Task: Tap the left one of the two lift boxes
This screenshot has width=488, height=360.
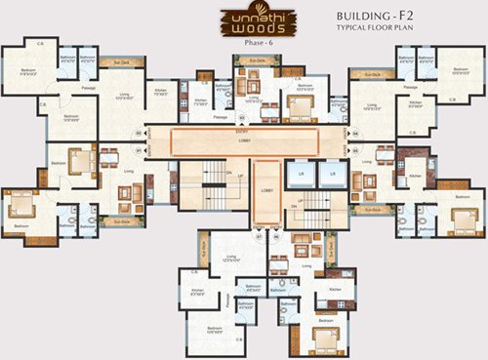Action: pyautogui.click(x=302, y=175)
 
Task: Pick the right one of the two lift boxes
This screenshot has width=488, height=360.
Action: pyautogui.click(x=332, y=175)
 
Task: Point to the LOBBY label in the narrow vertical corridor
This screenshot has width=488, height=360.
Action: pyautogui.click(x=266, y=190)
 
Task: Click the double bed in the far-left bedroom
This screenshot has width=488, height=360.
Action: pyautogui.click(x=21, y=205)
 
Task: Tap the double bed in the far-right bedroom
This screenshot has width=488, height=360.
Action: pyautogui.click(x=461, y=217)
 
